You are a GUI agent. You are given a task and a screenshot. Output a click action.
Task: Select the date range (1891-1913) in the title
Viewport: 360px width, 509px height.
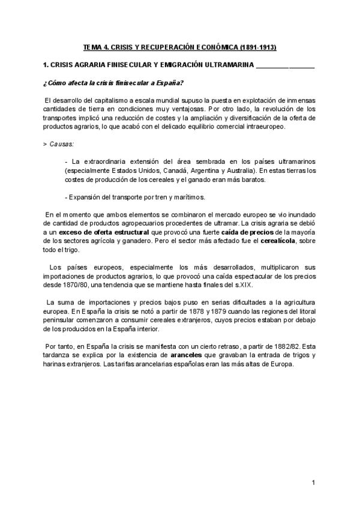click(x=257, y=47)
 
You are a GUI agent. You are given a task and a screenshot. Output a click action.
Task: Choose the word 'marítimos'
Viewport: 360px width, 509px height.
click(x=189, y=197)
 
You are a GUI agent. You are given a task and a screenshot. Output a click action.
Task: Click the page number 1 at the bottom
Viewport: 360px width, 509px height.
click(x=313, y=483)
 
